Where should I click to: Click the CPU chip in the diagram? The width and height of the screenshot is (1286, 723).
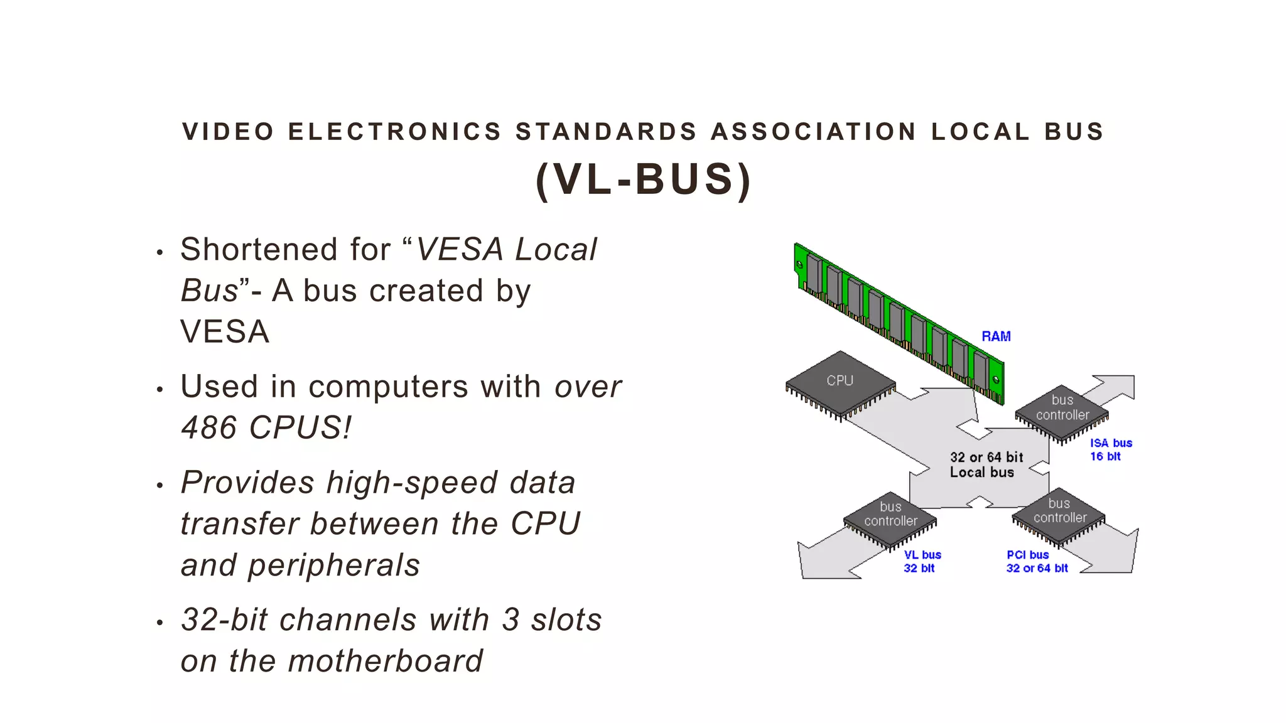[840, 382]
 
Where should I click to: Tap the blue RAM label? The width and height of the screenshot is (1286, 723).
[996, 336]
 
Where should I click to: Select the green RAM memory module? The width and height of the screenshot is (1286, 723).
[898, 320]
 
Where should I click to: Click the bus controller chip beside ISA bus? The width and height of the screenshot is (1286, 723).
[1062, 411]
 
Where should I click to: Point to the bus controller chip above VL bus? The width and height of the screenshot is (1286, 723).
[890, 518]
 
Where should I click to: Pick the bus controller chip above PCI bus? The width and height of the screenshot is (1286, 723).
[1059, 514]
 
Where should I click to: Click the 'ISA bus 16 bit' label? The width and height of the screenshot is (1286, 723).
[1110, 450]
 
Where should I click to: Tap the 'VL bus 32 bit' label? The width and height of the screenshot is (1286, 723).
[922, 562]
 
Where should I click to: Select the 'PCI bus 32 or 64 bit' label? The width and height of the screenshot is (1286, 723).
[1037, 562]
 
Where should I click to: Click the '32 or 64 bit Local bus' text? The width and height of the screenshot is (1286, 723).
[985, 465]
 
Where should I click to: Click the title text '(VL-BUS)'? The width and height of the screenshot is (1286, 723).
[644, 180]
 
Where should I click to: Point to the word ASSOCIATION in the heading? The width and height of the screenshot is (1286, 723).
[813, 132]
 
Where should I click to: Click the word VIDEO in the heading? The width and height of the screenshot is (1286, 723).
[228, 132]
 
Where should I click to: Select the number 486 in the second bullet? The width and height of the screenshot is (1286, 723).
[208, 428]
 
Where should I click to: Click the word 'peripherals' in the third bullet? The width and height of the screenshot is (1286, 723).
[333, 565]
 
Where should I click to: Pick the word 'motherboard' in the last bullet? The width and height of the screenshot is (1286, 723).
[385, 661]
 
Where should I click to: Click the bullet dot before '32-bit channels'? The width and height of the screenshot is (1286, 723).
[160, 623]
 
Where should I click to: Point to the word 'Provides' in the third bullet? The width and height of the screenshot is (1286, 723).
[247, 483]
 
